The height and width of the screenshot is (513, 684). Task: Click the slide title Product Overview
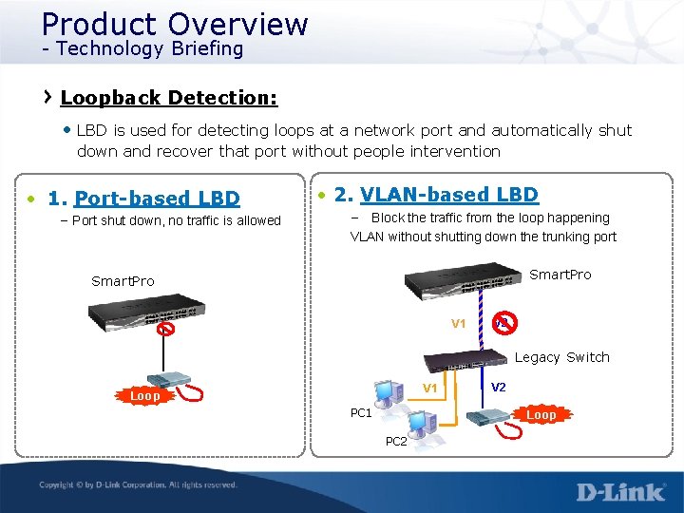pos(175,24)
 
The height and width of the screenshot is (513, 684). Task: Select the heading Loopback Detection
pos(168,98)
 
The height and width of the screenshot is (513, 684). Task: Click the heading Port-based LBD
pos(157,199)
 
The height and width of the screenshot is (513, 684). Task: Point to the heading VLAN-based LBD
pos(448,195)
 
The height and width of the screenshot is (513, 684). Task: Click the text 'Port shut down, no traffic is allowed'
pos(177,220)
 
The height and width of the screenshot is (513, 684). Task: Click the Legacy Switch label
pos(561,357)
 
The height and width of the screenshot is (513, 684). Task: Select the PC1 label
pos(361,413)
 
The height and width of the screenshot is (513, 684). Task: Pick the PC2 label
pos(396,442)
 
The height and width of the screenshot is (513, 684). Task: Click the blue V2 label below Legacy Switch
pos(499,387)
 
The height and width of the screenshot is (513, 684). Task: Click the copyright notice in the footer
pos(138,485)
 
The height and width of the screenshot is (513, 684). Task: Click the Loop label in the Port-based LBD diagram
pos(144,395)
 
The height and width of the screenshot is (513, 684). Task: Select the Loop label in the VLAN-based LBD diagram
pos(541,415)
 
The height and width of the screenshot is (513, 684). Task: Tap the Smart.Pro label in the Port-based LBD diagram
pos(123,281)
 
